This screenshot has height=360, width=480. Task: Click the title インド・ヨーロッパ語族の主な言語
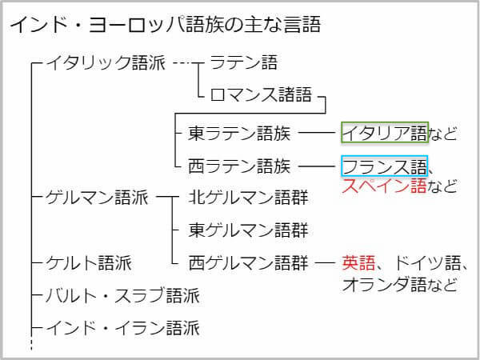tap(165, 25)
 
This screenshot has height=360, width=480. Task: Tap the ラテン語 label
tap(243, 63)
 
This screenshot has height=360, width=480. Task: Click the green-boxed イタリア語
tap(385, 132)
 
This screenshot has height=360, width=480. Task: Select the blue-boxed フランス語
tap(385, 166)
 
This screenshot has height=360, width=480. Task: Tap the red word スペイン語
tap(385, 187)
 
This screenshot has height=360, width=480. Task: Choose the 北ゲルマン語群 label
tap(248, 198)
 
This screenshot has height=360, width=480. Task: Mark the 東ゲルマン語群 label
tap(248, 230)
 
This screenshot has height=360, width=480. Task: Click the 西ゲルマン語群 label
tap(248, 262)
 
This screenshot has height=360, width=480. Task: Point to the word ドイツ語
tap(424, 262)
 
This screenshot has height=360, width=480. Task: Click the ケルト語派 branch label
tap(89, 262)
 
